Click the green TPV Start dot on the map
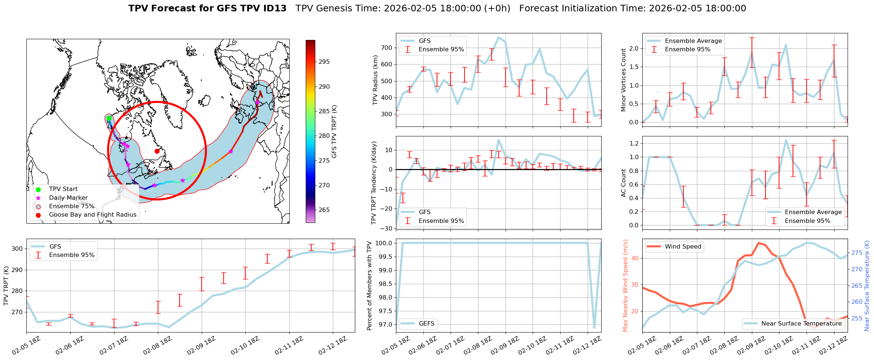[109, 118]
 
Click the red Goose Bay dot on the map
[157, 151]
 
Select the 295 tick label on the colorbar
[324, 62]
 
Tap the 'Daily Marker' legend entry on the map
[68, 198]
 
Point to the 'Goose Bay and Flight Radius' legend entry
[92, 215]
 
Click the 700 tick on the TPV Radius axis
[387, 48]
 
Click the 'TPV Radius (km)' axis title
[375, 80]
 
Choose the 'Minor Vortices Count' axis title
[623, 80]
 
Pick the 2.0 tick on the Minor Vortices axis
[634, 49]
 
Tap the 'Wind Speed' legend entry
[683, 247]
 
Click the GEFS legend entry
[426, 323]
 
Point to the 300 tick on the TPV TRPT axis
[17, 249]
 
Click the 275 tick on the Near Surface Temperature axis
[857, 253]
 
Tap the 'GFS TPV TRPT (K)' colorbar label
[334, 132]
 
